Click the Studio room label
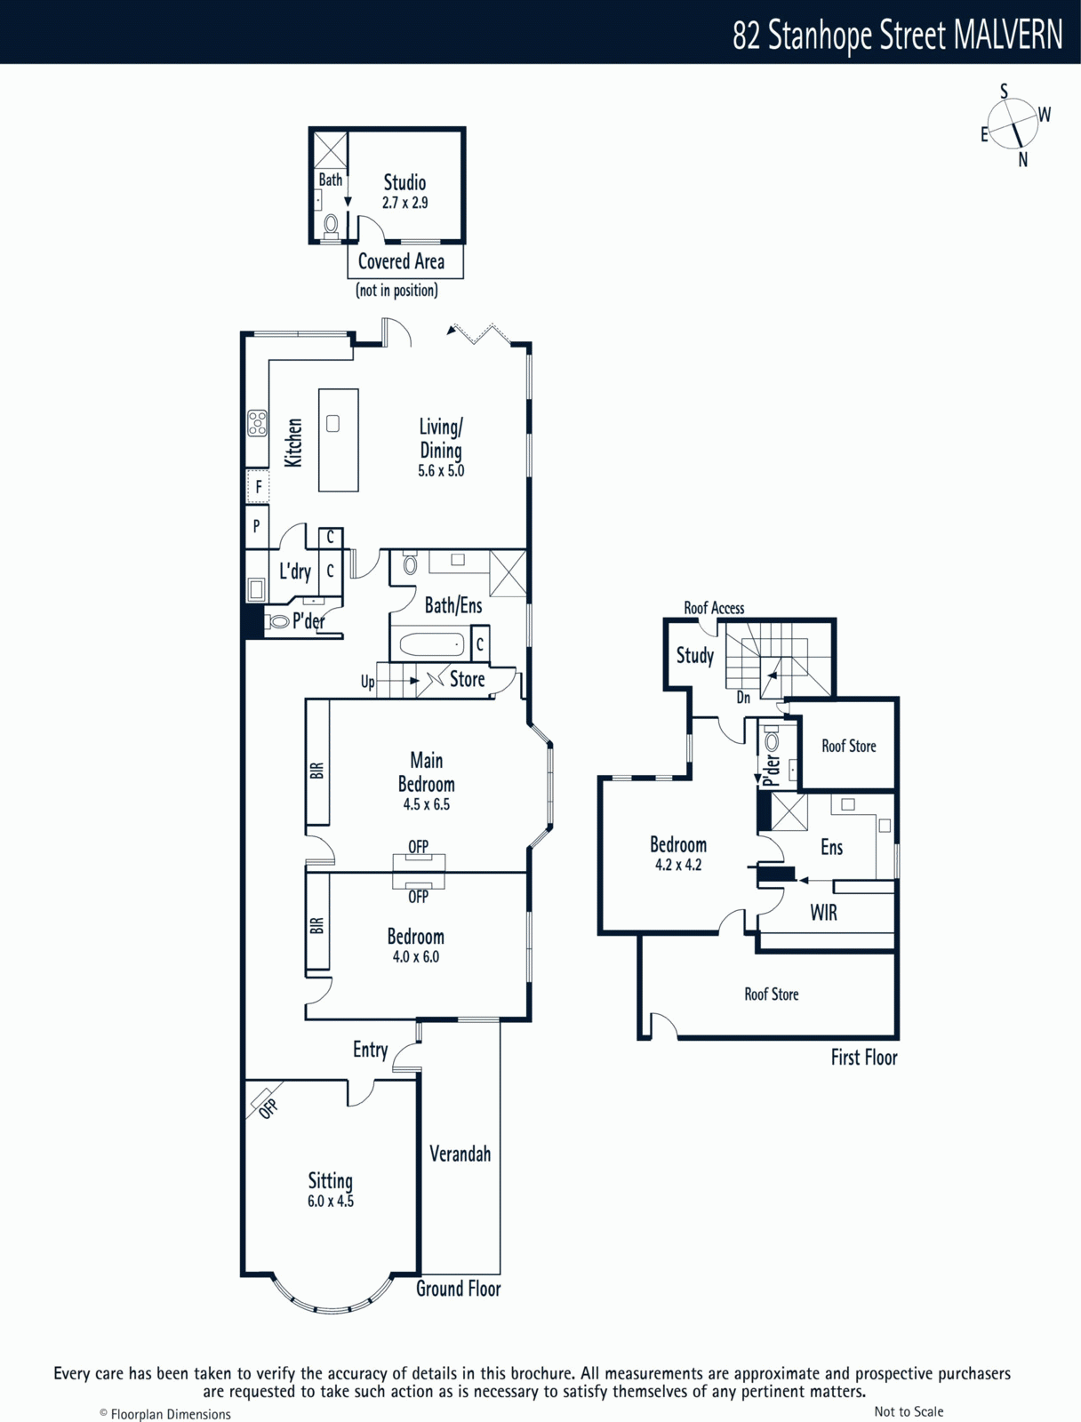click(x=404, y=182)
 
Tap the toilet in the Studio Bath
click(x=331, y=227)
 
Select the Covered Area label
click(x=401, y=261)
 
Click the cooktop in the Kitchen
click(x=257, y=422)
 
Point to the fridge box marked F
click(x=258, y=486)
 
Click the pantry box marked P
click(x=257, y=527)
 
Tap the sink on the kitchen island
click(x=332, y=424)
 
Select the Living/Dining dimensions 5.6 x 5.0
click(x=441, y=471)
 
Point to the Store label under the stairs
click(x=467, y=679)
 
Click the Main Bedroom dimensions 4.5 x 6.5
click(x=426, y=804)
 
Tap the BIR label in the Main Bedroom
click(x=316, y=771)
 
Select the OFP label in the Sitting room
click(x=268, y=1108)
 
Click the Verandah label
click(x=460, y=1154)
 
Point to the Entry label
click(x=370, y=1051)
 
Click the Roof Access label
click(x=714, y=608)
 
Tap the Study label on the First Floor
click(x=695, y=656)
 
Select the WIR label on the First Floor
click(x=823, y=913)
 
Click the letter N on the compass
click(x=1022, y=159)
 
